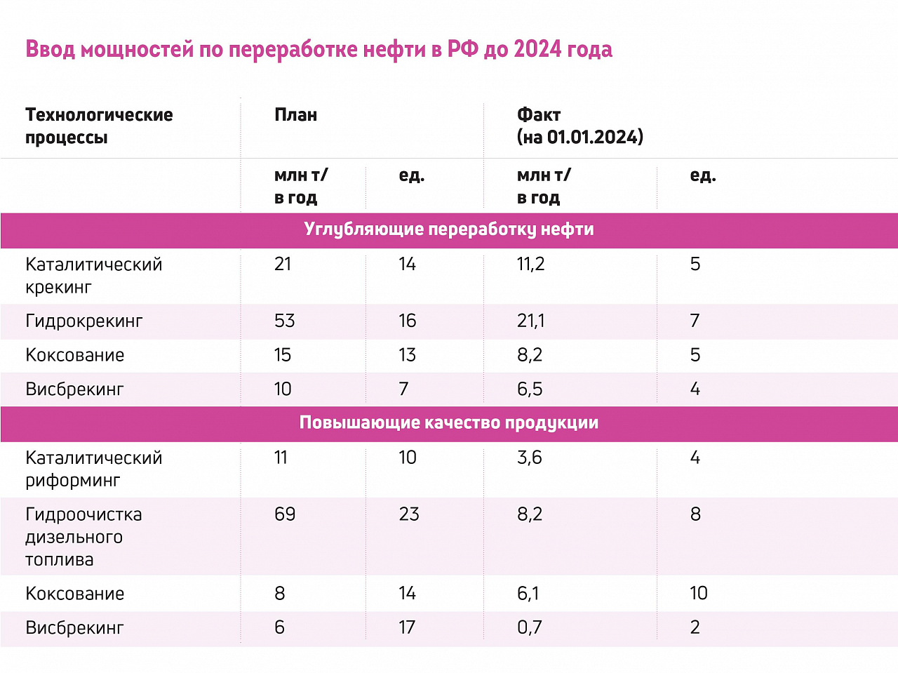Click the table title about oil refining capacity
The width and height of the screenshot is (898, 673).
tap(319, 49)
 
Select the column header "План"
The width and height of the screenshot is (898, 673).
tap(295, 114)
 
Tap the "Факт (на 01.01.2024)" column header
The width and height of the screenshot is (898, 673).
tap(579, 126)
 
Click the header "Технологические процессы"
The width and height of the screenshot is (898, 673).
tap(99, 126)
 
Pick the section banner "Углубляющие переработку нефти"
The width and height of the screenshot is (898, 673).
tap(449, 229)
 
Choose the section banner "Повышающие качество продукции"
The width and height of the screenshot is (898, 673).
tap(449, 422)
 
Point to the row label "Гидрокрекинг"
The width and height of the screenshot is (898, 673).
tap(84, 321)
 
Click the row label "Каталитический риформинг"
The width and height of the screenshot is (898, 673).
tap(94, 469)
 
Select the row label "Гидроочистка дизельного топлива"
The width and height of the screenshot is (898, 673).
tap(83, 537)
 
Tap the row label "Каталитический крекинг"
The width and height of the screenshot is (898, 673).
tap(94, 275)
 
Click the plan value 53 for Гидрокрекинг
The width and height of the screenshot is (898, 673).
tap(285, 321)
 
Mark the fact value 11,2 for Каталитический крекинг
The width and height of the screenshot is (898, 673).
tap(530, 264)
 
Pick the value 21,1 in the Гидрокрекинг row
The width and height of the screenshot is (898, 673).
tap(530, 321)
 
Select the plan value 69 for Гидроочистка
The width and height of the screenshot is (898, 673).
tap(285, 514)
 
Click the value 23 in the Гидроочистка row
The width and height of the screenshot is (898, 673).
tap(408, 514)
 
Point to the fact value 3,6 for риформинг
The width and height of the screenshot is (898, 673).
tap(530, 458)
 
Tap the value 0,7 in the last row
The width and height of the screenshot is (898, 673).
tap(530, 627)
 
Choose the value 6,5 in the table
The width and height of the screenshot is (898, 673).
tap(530, 389)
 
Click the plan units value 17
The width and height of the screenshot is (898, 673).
tap(407, 627)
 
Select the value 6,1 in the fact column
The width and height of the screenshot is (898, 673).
tap(528, 594)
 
